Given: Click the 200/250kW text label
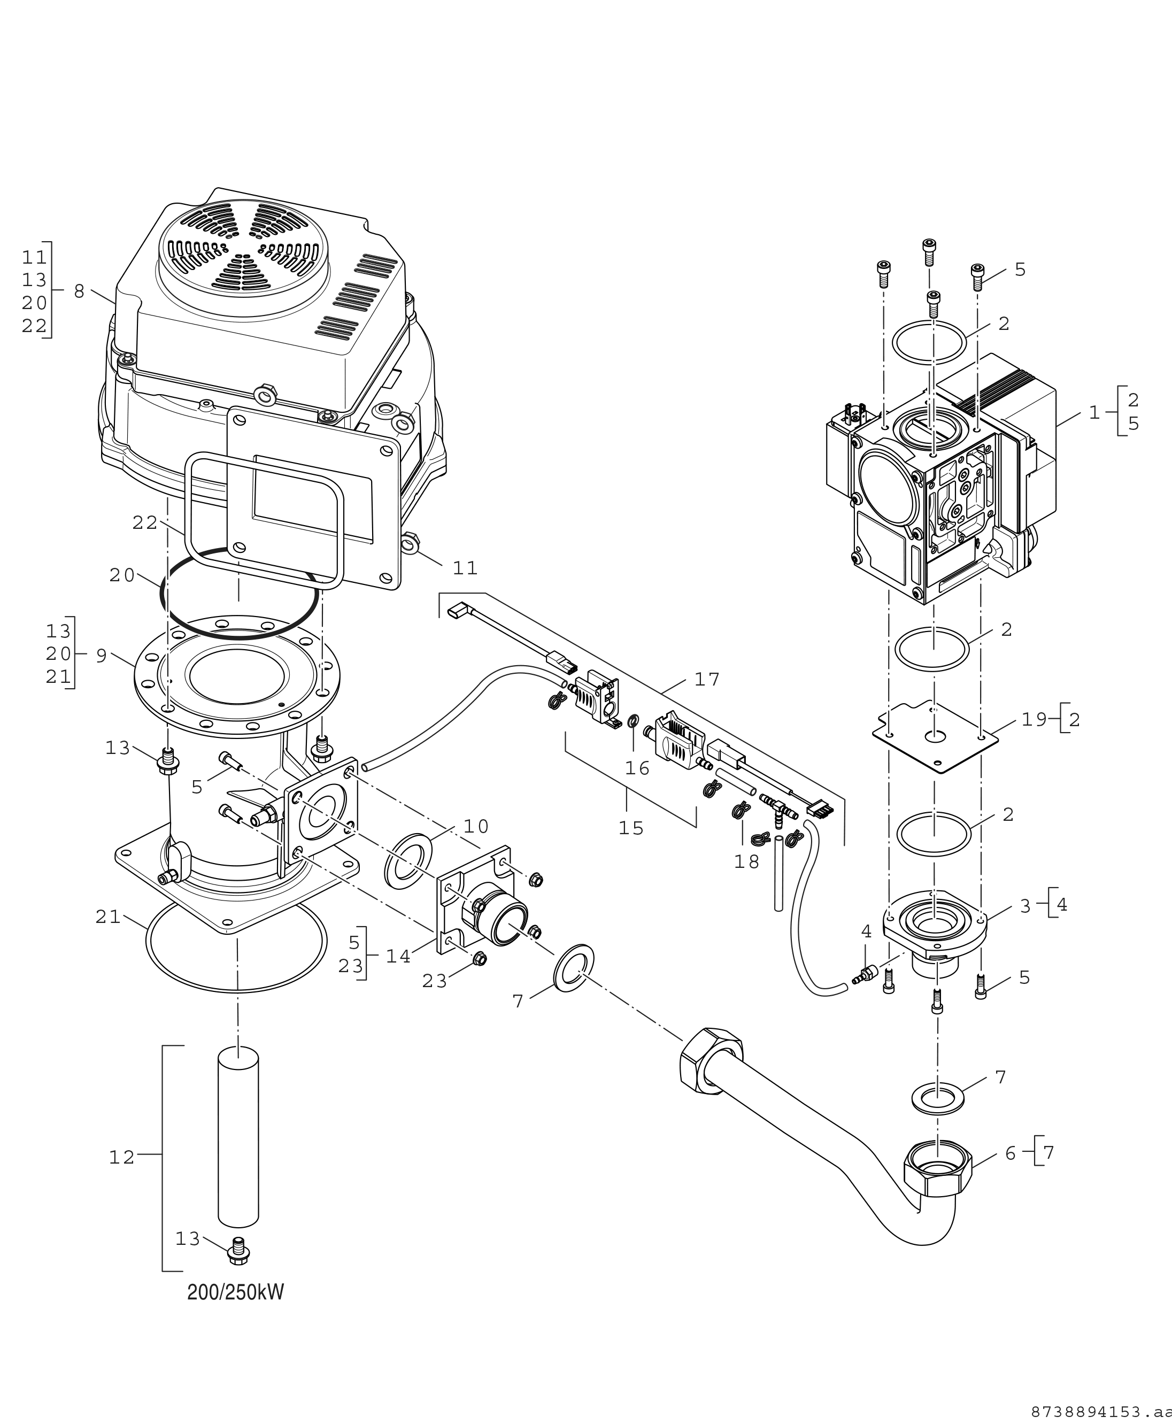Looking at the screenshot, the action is coord(236,1292).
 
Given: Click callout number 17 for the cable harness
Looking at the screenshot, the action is coord(707,679).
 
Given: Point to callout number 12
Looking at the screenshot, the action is coord(122,1157).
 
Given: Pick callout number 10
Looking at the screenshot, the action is coord(476,827).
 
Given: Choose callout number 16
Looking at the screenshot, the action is coord(637,768).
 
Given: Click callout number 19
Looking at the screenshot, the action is coord(1034,720).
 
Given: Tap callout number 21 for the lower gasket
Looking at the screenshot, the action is coord(108,917).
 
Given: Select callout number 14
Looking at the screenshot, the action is coord(398,957).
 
